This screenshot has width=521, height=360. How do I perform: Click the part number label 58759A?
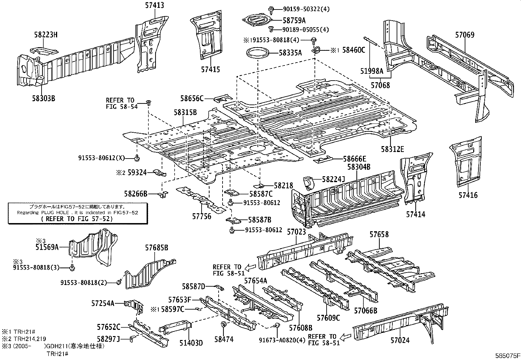point(294,20)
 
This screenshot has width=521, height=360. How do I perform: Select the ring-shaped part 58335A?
point(257,53)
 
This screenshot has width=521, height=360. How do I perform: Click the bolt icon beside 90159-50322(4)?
point(271,9)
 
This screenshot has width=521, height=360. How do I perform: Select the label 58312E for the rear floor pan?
point(392,149)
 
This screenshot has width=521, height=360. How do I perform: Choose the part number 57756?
point(202,217)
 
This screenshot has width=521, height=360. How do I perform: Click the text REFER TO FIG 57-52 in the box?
point(77,219)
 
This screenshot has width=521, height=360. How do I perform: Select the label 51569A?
point(47,247)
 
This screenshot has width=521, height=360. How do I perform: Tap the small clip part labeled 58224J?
point(308,182)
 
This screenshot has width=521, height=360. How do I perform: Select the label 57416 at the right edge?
point(468,195)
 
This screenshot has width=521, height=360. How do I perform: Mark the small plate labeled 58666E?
point(323,160)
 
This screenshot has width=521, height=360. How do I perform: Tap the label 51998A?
point(372,70)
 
